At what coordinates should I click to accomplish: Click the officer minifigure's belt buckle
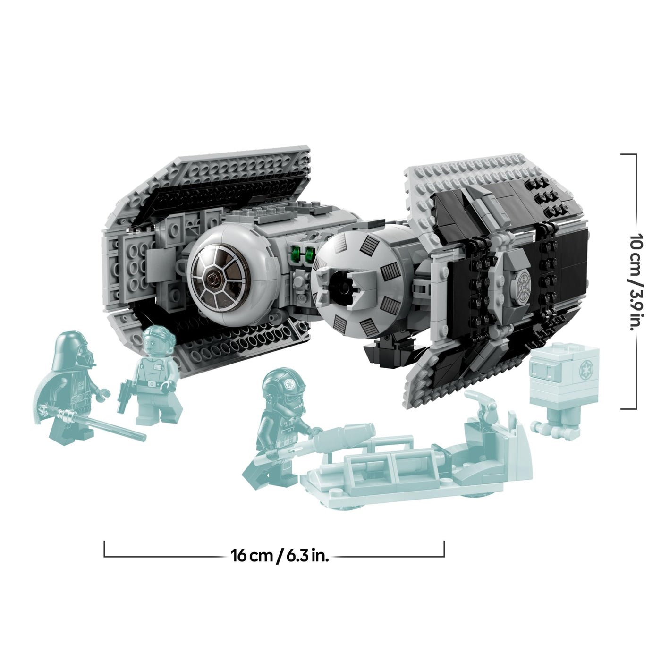[x=152, y=384]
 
